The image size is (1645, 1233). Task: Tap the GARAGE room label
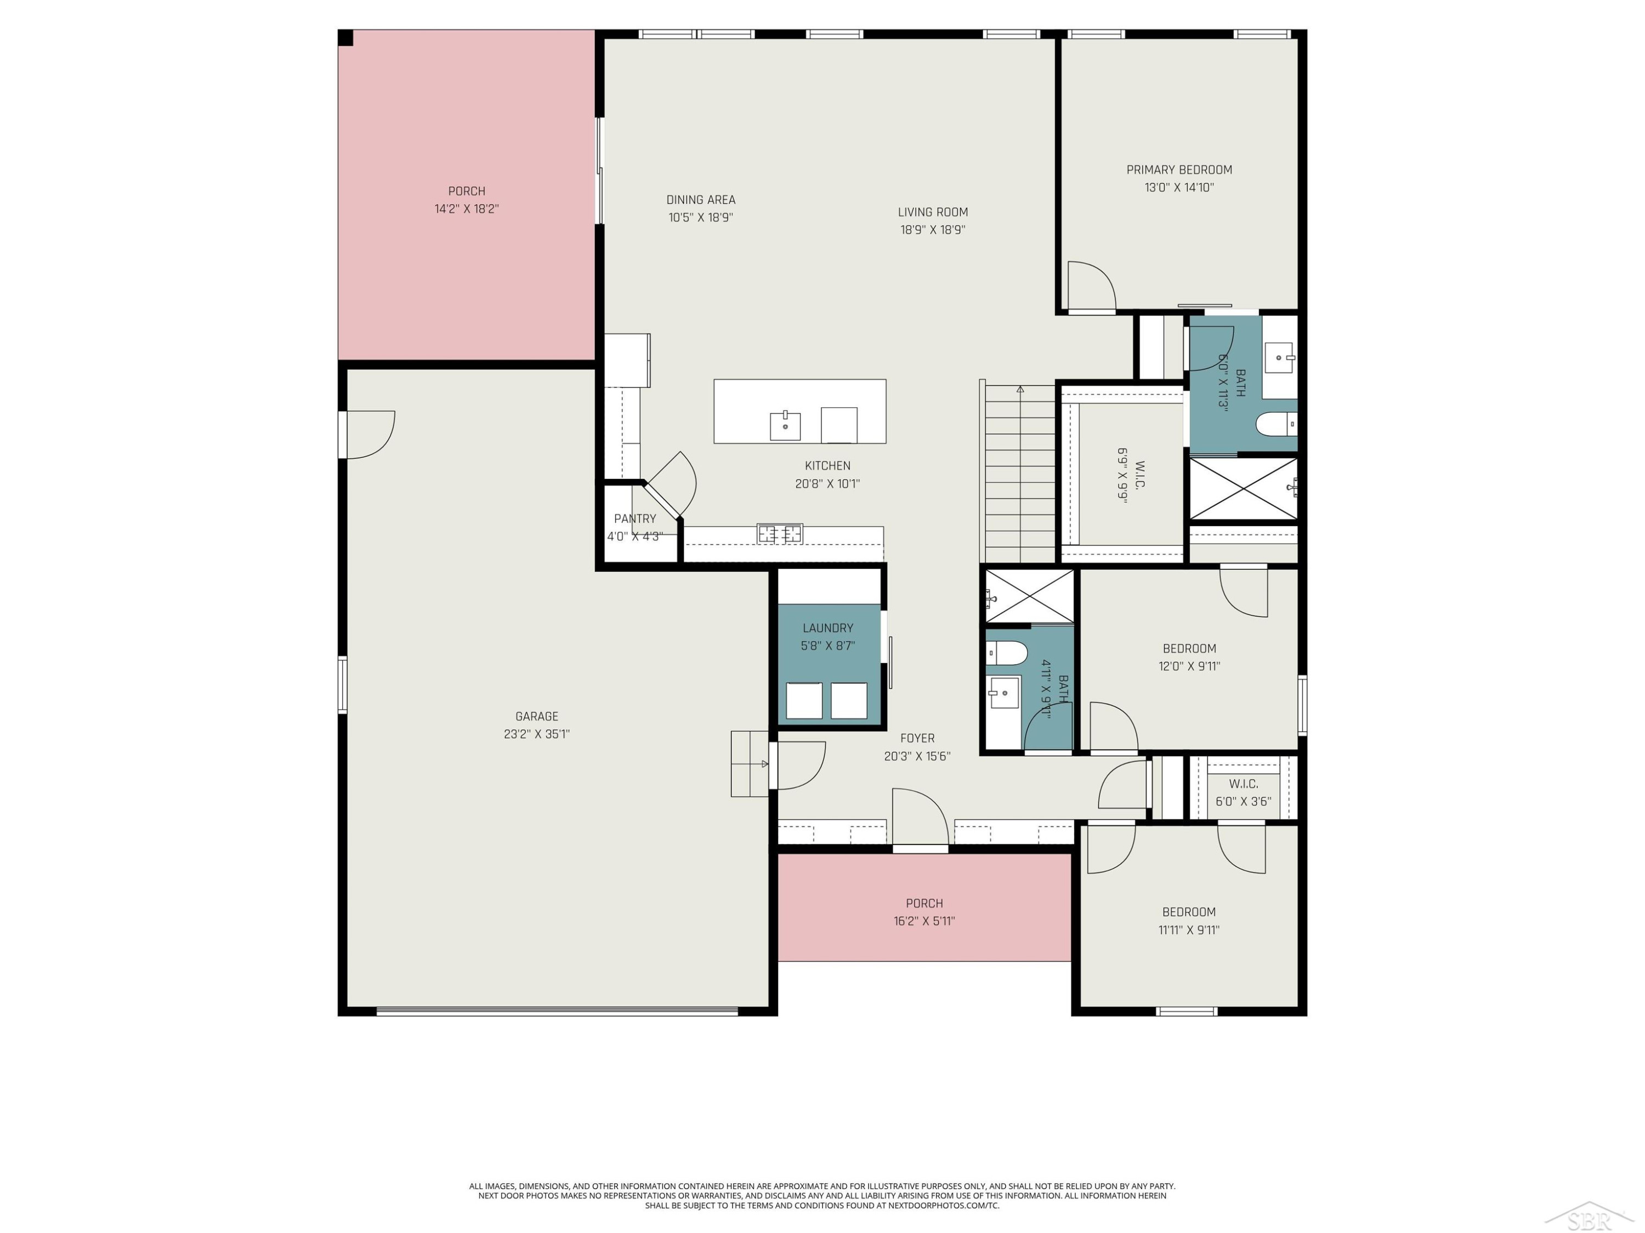pos(536,716)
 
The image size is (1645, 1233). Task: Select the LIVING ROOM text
pos(933,213)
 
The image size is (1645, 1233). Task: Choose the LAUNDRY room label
pos(827,628)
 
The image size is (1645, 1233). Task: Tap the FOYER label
pos(917,738)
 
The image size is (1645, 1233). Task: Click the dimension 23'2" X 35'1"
pos(536,734)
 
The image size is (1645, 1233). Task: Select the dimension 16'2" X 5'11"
pos(924,921)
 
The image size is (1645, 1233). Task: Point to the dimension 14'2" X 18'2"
pos(466,209)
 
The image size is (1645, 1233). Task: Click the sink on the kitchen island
pos(785,426)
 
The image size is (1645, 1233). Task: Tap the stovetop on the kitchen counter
pos(779,533)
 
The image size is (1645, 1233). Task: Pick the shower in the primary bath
pos(1244,488)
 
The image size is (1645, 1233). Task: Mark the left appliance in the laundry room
pos(804,700)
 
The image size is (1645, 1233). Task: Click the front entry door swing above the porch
pos(920,817)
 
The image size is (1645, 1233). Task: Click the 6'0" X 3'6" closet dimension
pos(1244,802)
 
